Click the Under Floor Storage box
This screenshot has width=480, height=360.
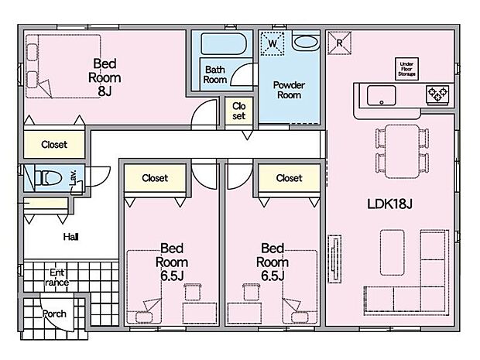click(406, 69)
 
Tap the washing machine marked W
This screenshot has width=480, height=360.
click(273, 43)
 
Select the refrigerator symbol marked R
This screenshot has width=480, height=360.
click(339, 43)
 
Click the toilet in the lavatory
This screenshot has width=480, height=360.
click(48, 178)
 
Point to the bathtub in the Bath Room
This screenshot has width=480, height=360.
click(224, 44)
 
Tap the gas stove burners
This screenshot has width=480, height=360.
click(437, 94)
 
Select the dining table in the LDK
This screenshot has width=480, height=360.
click(402, 151)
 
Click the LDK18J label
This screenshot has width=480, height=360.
click(389, 204)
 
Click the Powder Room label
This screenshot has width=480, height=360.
click(289, 90)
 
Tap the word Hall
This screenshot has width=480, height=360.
click(70, 237)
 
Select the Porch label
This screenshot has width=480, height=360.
click(54, 314)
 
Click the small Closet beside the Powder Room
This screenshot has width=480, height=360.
click(238, 111)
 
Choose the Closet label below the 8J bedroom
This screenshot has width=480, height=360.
click(54, 145)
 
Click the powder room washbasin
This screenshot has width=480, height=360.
click(306, 42)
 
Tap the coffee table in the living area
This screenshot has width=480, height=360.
click(393, 252)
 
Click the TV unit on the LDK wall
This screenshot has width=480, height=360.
click(334, 259)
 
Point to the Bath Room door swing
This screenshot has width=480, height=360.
click(242, 74)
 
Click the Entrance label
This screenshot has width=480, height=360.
click(57, 277)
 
